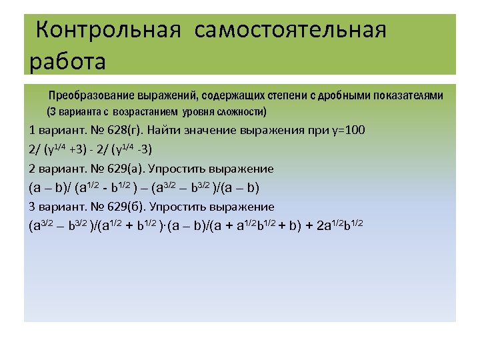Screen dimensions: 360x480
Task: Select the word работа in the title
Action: [x=68, y=61]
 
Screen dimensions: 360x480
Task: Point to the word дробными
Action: [x=341, y=95]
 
